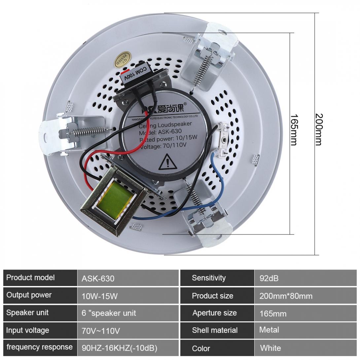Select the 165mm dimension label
click(294, 129)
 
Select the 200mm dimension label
click(318, 129)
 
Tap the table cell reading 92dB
click(269, 278)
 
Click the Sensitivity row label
click(209, 278)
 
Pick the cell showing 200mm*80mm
click(286, 296)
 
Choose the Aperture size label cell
click(215, 313)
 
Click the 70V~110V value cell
click(101, 331)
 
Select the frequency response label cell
click(40, 347)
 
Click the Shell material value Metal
click(269, 330)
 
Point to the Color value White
click(270, 348)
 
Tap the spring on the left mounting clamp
click(87, 131)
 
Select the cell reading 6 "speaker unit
click(109, 313)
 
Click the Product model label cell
click(30, 277)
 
